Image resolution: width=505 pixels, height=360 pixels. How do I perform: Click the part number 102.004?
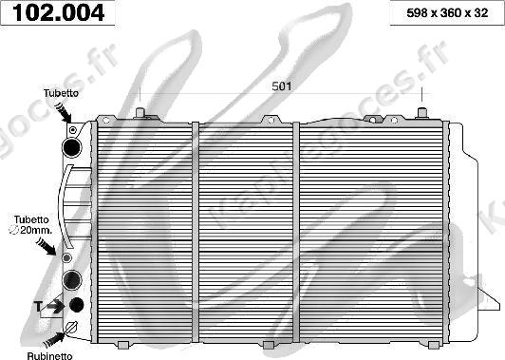coord(58,13)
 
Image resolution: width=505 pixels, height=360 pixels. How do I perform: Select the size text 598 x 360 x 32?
coord(447,13)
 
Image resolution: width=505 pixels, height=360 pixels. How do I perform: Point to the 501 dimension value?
coord(282,86)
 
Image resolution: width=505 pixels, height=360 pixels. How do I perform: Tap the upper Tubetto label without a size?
coord(61,93)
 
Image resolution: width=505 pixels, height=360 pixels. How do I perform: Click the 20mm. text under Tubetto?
coord(36,230)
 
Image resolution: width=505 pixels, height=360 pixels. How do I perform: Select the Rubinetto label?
coord(50,356)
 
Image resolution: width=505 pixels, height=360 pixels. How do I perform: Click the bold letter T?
coord(38,306)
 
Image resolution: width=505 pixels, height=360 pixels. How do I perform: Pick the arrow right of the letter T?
coord(55,306)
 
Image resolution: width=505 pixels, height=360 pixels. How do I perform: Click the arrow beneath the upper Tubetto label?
coord(63,112)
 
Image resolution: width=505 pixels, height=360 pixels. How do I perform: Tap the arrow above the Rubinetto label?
coord(54,340)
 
